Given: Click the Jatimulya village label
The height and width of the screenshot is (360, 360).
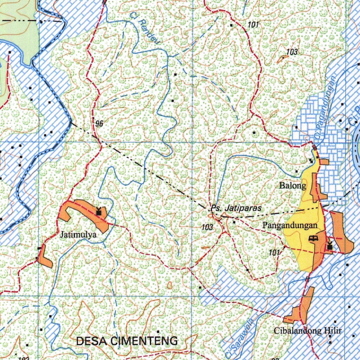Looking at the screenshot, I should pos(78,234).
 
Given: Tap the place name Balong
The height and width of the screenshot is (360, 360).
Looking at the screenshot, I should pos(293,185).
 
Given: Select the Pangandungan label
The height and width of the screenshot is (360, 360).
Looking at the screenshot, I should pos(290,225).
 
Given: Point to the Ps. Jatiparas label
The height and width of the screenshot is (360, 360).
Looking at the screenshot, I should pos(236,208).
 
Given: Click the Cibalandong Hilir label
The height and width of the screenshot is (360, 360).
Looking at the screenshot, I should pos(308,330).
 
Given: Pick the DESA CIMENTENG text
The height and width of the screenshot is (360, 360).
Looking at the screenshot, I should pos(127,341).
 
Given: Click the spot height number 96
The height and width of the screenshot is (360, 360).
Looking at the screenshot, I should pos(99,123).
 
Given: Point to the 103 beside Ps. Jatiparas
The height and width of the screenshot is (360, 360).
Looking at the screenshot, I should pos(207,227).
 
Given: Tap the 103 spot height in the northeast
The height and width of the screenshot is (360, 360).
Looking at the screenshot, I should pos(292,52).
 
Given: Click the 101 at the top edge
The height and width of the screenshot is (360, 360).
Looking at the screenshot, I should pos(253,25).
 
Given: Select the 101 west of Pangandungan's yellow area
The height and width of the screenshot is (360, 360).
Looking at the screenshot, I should pos(274,252).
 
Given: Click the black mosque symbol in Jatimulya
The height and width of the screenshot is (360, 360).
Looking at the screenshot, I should pos(99,212).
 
